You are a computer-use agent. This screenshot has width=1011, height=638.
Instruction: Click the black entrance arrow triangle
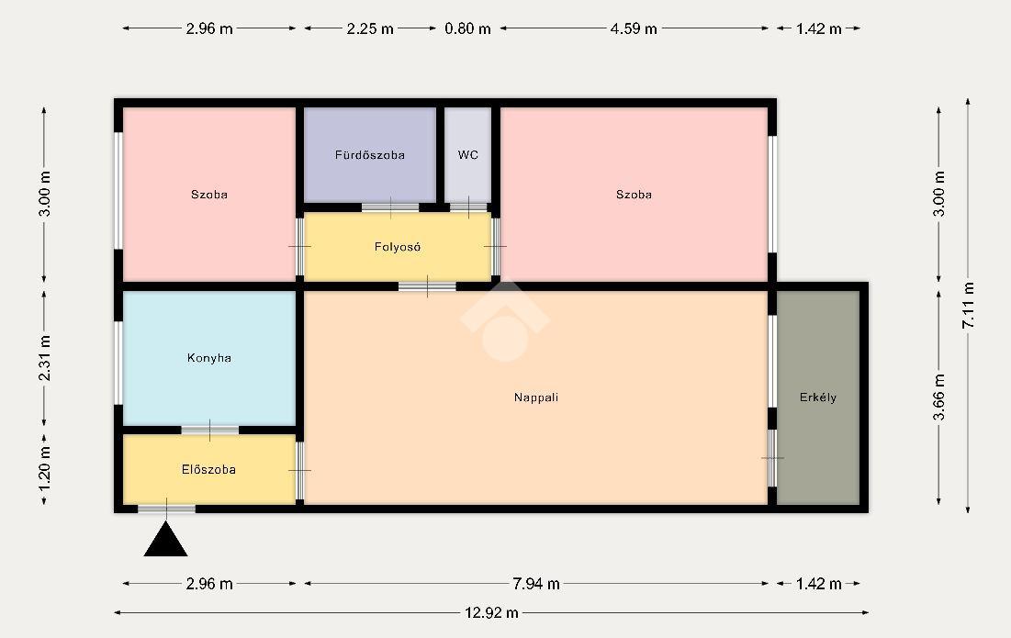(165, 539)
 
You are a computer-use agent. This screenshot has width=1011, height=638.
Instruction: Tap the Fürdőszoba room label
(369, 154)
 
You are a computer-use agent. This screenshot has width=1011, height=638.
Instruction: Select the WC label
(468, 154)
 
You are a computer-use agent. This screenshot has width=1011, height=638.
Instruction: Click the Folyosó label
(398, 247)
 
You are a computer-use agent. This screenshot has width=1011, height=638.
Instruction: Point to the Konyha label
(209, 358)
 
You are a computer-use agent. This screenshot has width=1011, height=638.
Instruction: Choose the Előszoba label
(208, 470)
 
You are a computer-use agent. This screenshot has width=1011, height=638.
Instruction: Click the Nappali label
(536, 397)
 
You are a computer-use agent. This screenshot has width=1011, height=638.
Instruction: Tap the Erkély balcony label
(817, 397)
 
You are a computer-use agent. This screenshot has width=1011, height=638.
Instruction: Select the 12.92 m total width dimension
(491, 613)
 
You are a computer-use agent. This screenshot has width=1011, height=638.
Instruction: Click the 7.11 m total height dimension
(968, 306)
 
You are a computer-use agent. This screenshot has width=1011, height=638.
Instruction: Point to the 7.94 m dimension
(536, 584)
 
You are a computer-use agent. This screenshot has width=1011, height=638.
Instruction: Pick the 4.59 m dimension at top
(634, 28)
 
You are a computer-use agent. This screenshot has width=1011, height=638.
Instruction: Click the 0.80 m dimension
(467, 28)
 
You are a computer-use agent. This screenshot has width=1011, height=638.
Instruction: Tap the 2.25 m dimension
(370, 28)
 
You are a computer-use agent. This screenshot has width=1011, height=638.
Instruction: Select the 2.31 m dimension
(44, 358)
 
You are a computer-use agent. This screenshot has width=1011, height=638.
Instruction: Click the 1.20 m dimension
(44, 469)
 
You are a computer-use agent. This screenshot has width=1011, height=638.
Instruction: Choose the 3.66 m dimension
(938, 397)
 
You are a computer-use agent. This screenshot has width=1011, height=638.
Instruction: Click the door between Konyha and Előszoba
(209, 430)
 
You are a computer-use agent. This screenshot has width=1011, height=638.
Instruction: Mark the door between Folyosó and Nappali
(427, 286)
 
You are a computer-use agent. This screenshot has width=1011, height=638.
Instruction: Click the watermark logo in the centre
(505, 320)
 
